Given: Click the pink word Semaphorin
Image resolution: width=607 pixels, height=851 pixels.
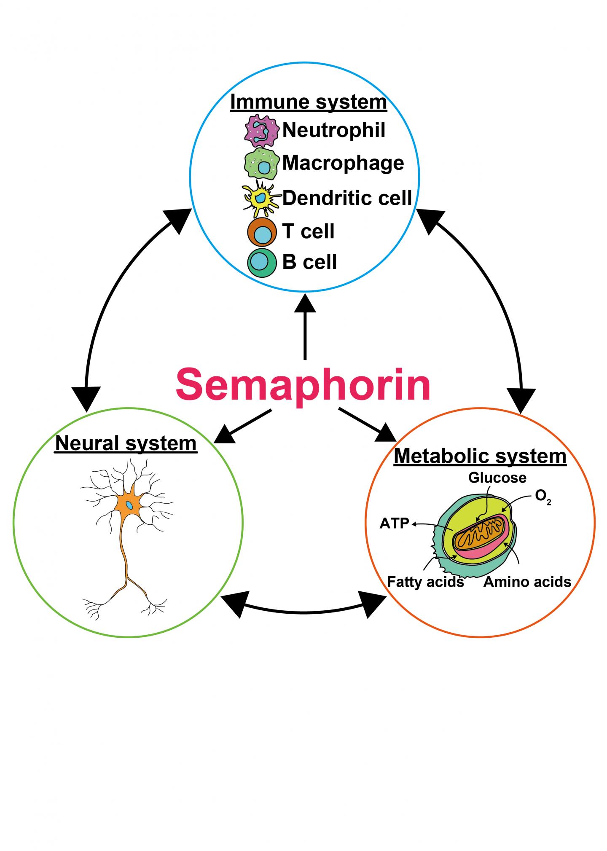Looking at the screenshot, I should click(303, 385).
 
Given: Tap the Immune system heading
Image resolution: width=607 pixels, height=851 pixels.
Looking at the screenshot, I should click(308, 102).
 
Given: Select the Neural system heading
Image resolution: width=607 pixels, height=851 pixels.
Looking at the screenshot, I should click(126, 443).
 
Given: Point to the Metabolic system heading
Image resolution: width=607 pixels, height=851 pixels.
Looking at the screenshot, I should click(480, 456).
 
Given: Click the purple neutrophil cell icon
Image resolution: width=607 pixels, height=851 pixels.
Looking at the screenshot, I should click(262, 131).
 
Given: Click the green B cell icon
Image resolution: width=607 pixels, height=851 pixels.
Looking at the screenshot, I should click(262, 263).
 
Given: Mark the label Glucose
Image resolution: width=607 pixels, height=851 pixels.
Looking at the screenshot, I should click(497, 478).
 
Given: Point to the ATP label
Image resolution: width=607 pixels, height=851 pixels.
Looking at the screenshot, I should click(395, 524).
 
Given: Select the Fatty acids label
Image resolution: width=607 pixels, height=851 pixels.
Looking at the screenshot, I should click(425, 582).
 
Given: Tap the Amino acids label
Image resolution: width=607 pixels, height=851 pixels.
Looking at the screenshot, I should click(527, 582).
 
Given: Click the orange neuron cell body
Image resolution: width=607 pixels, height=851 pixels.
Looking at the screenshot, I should click(130, 505).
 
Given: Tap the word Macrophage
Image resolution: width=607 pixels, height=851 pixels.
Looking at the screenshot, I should click(343, 164).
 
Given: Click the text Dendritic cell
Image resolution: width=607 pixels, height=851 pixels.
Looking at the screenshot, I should click(347, 198).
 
